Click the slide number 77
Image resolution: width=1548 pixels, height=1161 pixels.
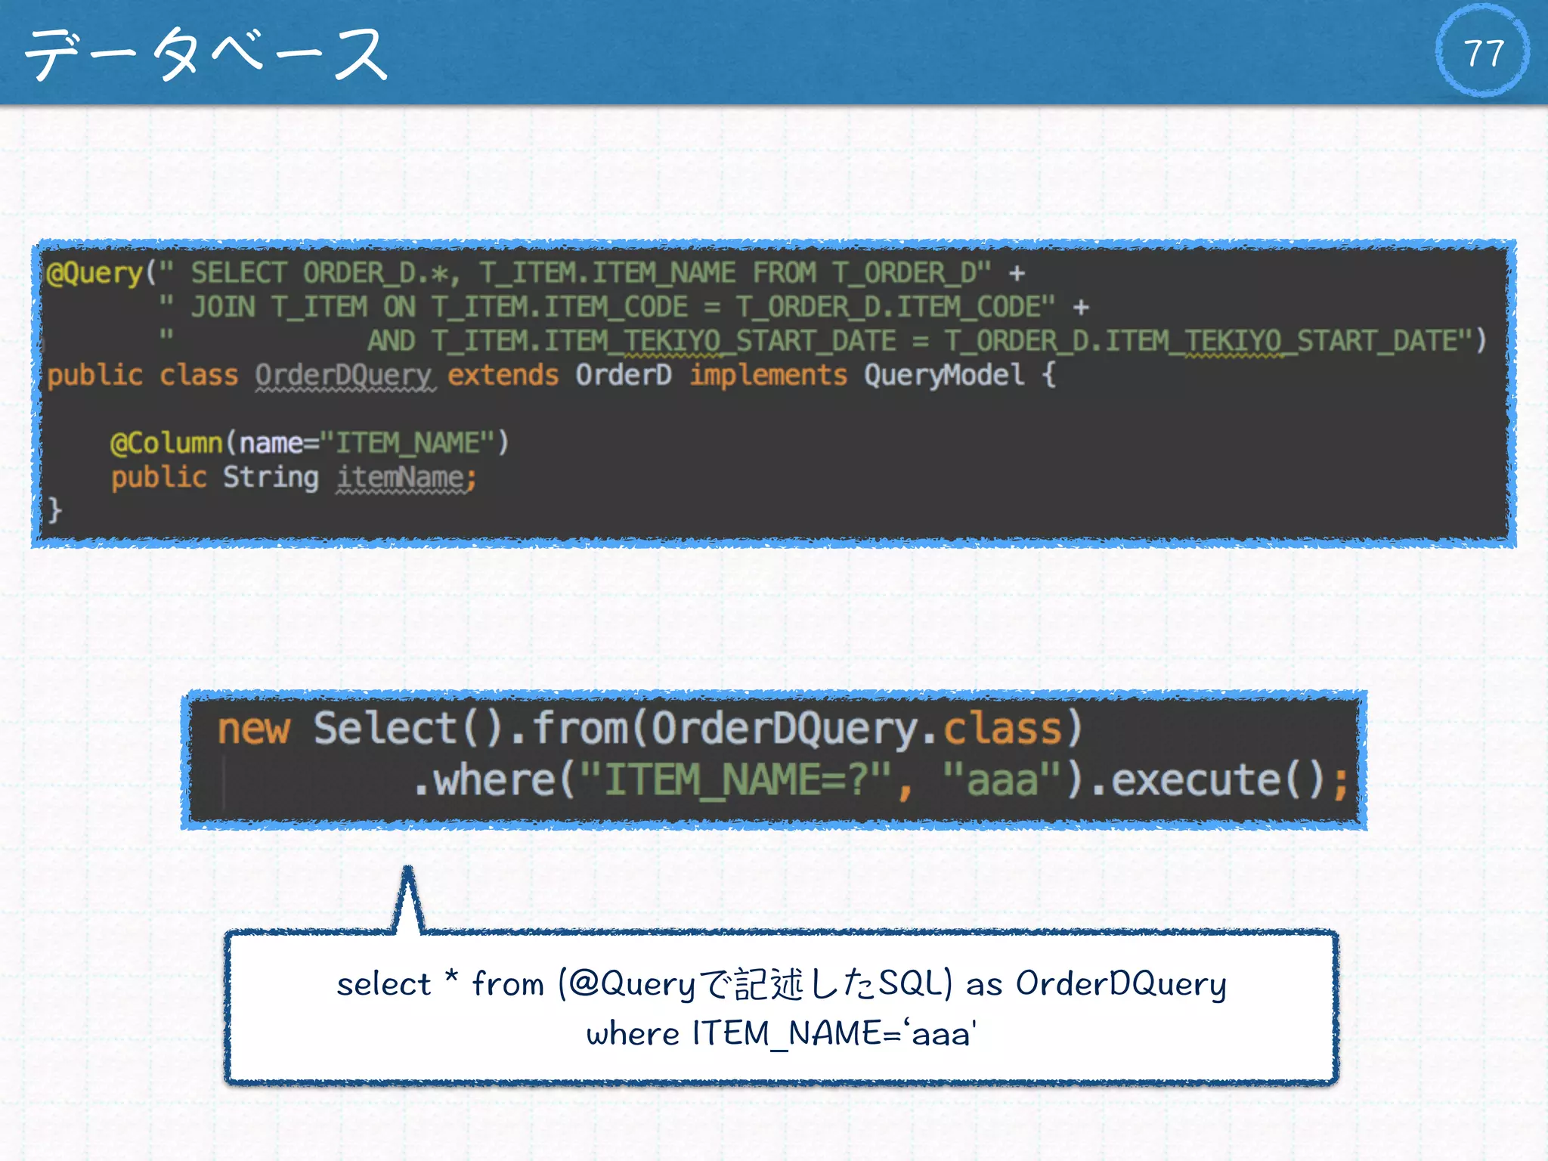tap(1482, 53)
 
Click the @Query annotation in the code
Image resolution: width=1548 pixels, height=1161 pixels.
tap(94, 273)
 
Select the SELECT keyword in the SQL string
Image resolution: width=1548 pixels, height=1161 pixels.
tap(238, 273)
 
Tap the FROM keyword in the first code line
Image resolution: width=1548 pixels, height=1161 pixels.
tap(784, 273)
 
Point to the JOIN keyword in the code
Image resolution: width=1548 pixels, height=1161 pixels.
tap(223, 307)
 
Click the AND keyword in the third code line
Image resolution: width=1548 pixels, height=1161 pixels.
tap(391, 341)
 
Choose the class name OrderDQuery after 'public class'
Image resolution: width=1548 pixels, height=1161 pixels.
tap(344, 375)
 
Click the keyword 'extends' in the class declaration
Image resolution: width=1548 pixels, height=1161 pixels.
tap(503, 375)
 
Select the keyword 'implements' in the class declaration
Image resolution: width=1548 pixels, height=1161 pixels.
tap(768, 375)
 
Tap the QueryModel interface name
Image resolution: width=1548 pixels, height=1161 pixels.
tap(944, 375)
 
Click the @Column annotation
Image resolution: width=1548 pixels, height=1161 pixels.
tap(166, 443)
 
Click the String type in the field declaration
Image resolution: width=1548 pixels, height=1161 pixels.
tap(271, 478)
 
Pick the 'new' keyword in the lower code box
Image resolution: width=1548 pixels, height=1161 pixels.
tap(253, 729)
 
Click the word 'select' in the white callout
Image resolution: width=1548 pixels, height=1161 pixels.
tap(383, 984)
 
